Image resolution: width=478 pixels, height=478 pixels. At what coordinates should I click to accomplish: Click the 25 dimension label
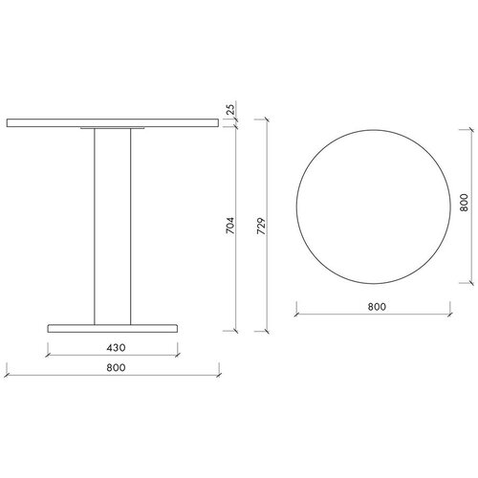231,109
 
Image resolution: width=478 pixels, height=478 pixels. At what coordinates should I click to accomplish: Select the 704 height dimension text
230,226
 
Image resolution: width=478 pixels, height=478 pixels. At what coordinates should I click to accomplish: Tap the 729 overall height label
261,227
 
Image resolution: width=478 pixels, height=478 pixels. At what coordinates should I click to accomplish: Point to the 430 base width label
116,348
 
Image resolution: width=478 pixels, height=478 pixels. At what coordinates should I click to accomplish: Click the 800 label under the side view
116,367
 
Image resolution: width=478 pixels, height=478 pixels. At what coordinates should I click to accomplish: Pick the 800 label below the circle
377,307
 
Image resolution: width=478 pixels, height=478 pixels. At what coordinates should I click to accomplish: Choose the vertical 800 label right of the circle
464,203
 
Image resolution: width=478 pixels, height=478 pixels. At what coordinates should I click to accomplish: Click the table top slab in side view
113,123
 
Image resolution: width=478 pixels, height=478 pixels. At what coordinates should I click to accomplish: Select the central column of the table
113,227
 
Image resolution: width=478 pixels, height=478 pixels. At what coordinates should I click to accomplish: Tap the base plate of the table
113,329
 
